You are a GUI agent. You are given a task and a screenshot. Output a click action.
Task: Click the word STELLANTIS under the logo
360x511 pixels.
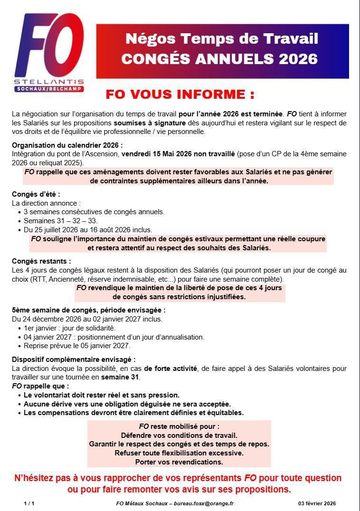coord(49,82)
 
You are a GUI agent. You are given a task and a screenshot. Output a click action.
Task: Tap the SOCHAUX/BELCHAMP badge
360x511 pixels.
coord(49,89)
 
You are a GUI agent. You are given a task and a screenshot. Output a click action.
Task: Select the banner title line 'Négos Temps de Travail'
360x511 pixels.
coord(222,39)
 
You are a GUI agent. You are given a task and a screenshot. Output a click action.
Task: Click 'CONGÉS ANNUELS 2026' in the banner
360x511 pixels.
coord(219,58)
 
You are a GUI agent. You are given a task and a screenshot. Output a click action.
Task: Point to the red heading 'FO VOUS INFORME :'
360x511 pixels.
coord(180,94)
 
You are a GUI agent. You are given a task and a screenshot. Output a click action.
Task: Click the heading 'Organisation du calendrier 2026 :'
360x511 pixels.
coord(67,145)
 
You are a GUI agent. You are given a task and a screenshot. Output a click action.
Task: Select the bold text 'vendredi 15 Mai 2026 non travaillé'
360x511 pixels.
coord(178,154)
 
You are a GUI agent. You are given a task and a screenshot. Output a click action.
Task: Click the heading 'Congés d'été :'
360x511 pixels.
coord(36,194)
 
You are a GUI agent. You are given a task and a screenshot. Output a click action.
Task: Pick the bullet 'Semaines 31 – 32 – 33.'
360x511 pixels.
coord(60,221)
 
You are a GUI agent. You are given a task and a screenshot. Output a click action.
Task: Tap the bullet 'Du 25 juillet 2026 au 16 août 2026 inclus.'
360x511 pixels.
coord(88,230)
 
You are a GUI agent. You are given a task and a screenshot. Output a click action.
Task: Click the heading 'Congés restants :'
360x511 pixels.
coord(41,261)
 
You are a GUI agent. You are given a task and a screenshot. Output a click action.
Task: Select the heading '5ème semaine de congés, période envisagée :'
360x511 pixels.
coord(88,310)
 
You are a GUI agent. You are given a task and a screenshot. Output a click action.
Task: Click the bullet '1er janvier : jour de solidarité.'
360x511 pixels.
coord(69,328)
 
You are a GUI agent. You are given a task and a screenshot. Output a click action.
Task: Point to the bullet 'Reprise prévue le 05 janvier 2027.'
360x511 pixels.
coord(76,346)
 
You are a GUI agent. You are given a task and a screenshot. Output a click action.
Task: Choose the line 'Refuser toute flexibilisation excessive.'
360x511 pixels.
coord(179,453)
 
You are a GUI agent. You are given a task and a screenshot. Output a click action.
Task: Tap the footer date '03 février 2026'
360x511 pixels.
coord(317,503)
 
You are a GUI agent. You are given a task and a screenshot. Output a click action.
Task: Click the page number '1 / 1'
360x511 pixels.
coord(29,503)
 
